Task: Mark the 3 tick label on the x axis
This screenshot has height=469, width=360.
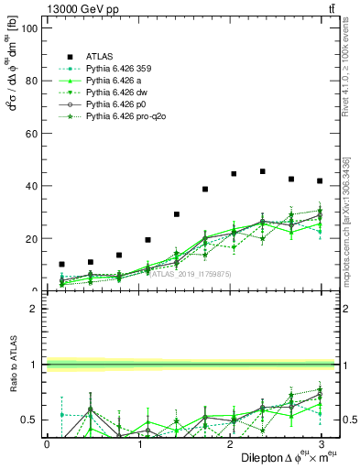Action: point(321,443)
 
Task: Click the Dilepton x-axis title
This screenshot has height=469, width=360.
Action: point(285,457)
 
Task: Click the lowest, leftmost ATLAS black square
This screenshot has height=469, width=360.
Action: point(61,264)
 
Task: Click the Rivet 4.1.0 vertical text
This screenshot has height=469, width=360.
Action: point(346,69)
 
